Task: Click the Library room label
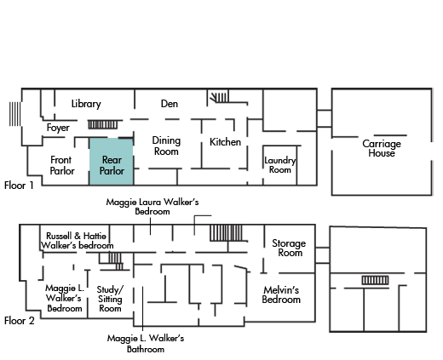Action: point(86,104)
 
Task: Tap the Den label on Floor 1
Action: point(170,104)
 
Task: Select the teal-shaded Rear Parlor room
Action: point(112,162)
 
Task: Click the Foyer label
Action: point(58,128)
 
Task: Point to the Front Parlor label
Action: point(62,165)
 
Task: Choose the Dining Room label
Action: point(166,146)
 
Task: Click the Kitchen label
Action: point(225,142)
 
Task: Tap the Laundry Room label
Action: point(280,165)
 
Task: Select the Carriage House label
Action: point(382,148)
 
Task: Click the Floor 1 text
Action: point(19,186)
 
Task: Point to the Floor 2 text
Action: point(20,321)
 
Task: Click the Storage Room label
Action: point(289,248)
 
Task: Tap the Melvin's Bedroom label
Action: point(281,294)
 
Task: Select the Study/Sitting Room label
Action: point(110,299)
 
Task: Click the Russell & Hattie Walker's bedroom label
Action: point(78,241)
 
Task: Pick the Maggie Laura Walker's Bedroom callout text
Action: point(152,207)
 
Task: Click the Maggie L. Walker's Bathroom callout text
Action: point(146,344)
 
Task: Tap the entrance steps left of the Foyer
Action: point(15,114)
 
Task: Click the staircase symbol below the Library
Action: point(102,124)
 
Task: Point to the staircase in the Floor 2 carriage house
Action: point(375,280)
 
